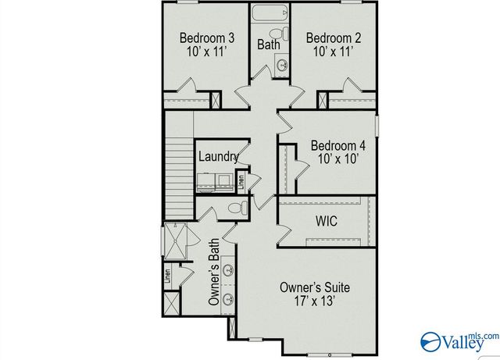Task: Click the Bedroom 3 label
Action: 206,37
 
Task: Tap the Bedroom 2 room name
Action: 332,37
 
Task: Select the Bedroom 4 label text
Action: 337,145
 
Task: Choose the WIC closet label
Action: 326,222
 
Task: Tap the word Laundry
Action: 218,156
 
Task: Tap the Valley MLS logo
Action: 459,340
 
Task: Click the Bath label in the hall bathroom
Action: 269,45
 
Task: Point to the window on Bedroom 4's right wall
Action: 377,126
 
